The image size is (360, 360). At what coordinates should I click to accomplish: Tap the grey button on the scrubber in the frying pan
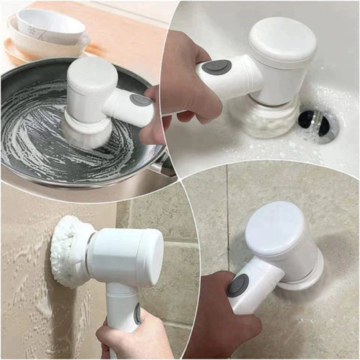click(x=140, y=100)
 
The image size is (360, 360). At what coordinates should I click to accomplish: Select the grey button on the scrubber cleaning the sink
click(x=216, y=67)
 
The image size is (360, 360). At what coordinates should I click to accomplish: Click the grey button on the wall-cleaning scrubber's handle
click(x=137, y=313)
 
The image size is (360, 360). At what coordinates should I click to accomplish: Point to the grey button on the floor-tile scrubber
click(x=238, y=285)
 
